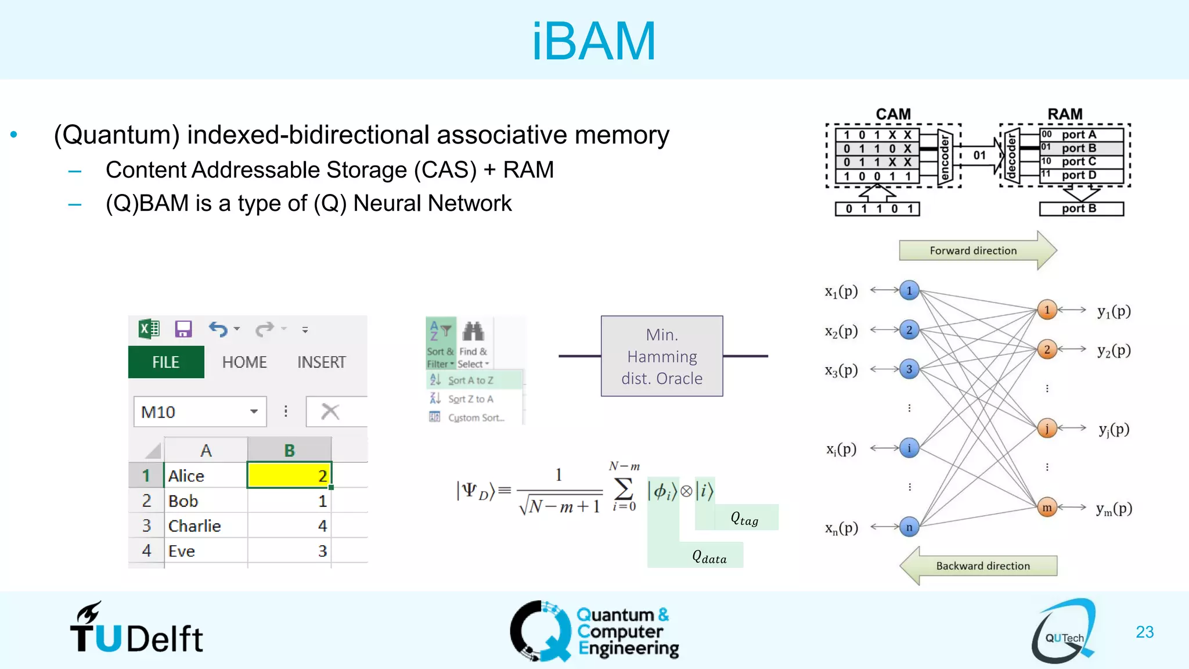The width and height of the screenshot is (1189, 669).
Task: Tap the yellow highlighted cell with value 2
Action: (289, 476)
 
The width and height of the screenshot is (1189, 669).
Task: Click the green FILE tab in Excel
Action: (165, 362)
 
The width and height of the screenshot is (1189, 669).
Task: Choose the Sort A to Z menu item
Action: (470, 380)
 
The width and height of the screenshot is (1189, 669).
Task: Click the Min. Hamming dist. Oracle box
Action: (662, 356)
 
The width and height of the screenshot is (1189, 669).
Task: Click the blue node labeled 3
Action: (909, 369)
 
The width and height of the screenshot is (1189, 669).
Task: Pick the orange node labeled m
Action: (1047, 508)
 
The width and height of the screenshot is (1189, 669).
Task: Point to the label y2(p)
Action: (1114, 350)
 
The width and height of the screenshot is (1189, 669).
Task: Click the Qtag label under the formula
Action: (744, 519)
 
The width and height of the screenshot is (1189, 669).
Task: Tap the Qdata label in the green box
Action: (709, 557)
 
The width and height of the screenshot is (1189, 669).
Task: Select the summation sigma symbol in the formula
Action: (623, 489)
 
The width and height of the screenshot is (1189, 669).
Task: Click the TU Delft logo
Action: (136, 630)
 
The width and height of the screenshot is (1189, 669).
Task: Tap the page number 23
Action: (1144, 632)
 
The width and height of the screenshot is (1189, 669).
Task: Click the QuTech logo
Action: (1064, 632)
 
